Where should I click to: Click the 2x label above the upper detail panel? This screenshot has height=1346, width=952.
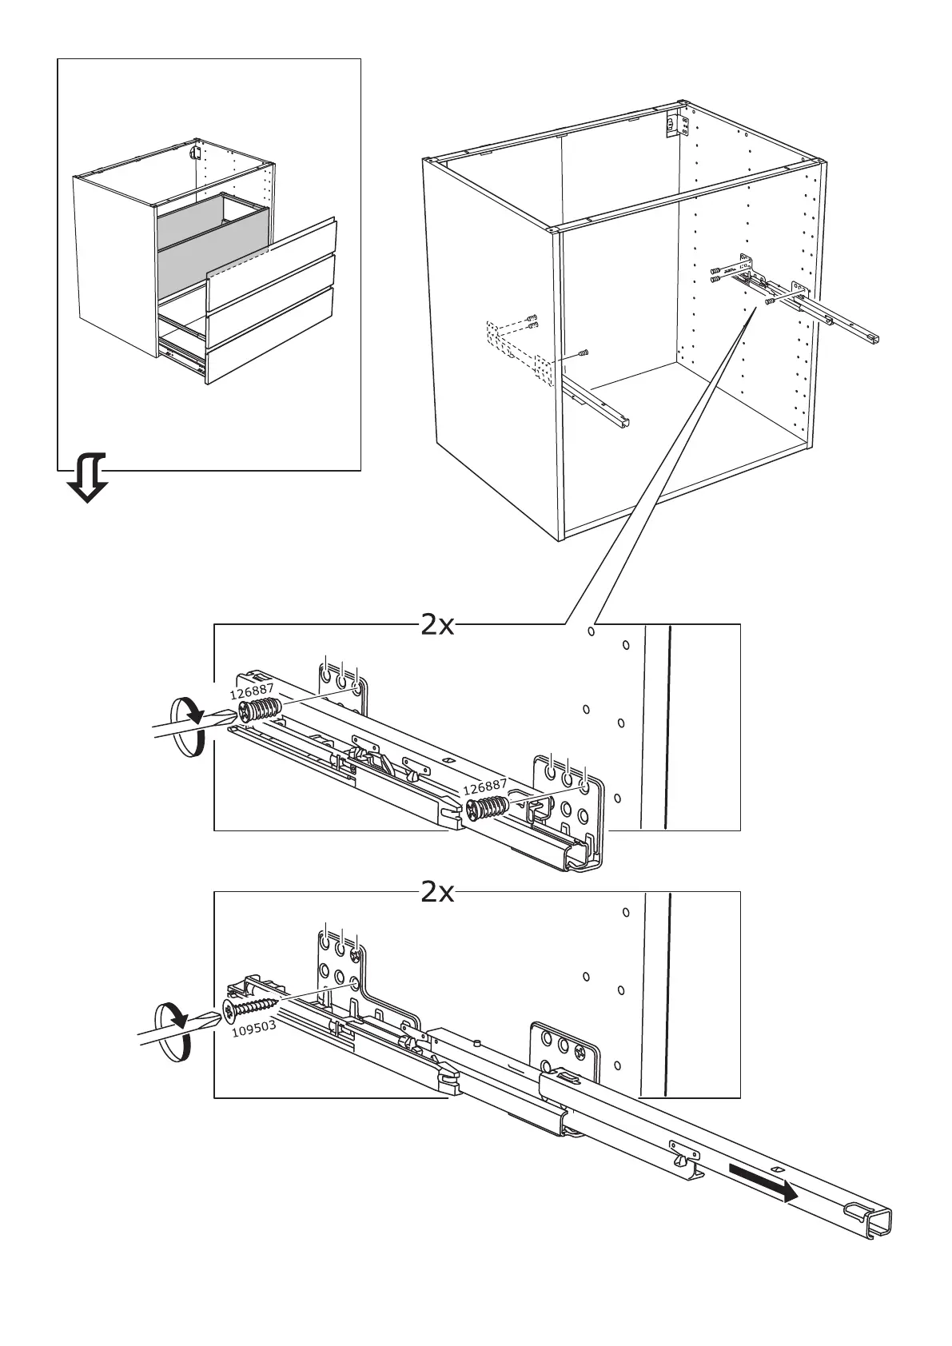coord(437,626)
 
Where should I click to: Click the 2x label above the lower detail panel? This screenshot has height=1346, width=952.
coord(437,893)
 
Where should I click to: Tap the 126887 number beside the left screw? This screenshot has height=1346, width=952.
coord(252,691)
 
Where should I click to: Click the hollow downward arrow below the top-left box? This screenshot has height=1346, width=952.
coord(88,478)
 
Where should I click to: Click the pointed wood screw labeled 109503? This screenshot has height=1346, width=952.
coord(251,1007)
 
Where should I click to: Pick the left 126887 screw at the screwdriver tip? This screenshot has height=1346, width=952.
coord(259,710)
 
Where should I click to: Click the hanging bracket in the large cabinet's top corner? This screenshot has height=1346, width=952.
coord(676,125)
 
